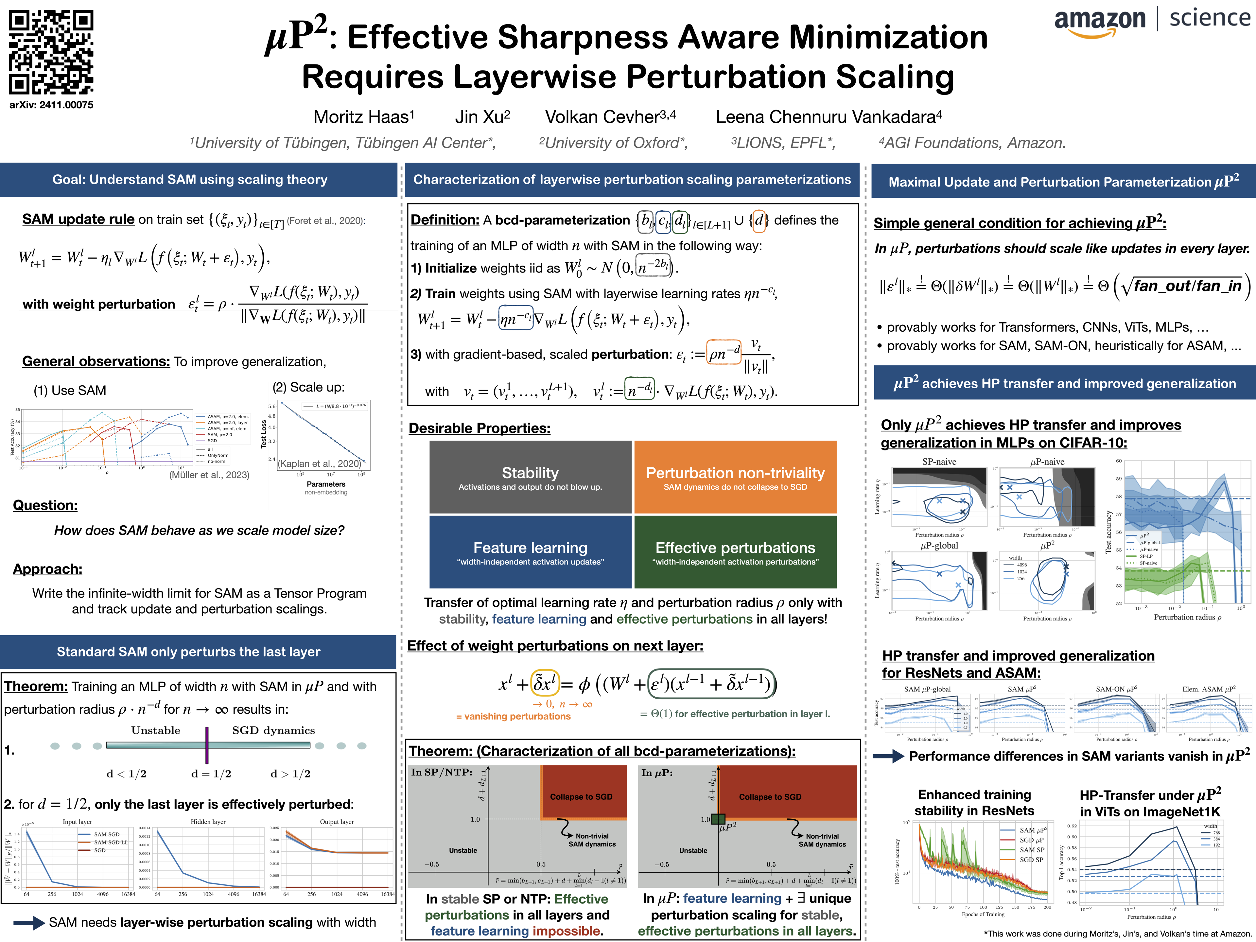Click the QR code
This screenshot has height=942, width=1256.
coord(51,52)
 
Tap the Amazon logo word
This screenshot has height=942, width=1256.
coord(1100,20)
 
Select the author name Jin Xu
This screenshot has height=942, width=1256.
coord(482,117)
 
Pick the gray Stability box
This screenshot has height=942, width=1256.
coord(530,477)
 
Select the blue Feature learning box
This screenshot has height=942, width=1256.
coord(530,552)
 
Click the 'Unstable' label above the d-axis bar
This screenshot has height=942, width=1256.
coord(156,730)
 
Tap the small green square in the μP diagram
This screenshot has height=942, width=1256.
coord(718,819)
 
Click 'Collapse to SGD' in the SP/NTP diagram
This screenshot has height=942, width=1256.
coord(581,797)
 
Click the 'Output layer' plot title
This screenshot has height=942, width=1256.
coord(337,822)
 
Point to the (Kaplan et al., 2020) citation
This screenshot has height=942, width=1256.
coord(319,463)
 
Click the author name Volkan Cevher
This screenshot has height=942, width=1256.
coord(610,117)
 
